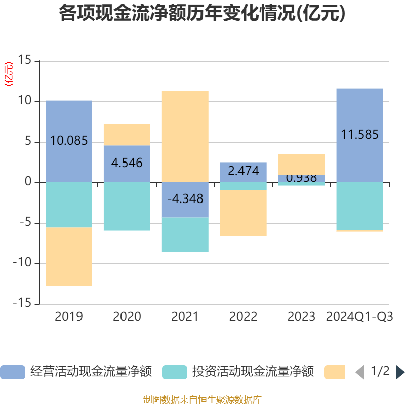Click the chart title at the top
coord(202,13)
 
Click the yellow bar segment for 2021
coord(185,136)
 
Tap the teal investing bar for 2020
coord(127,207)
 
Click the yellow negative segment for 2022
coord(243,213)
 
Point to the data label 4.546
coord(127,163)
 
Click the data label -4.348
coord(185,198)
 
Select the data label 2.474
coord(243,171)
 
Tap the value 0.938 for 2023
coord(301,178)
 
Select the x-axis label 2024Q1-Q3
coord(359,317)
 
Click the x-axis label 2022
coord(243,317)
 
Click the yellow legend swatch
coord(334,372)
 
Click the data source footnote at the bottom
coord(202,399)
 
